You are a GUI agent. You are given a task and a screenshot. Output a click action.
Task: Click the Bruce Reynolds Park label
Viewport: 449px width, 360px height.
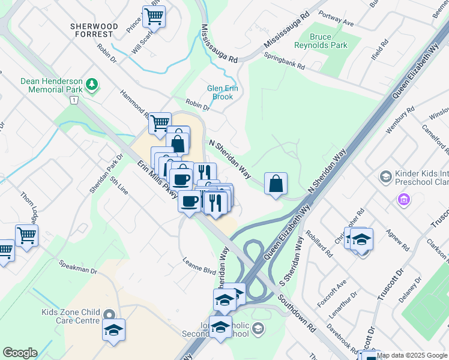click(x=321, y=41)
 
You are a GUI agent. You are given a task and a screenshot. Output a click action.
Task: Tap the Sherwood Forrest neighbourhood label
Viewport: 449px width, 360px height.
click(x=94, y=31)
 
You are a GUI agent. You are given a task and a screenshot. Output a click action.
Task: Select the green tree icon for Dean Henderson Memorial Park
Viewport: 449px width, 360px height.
click(x=92, y=83)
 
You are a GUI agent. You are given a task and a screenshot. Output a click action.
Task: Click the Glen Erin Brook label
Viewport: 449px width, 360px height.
click(x=219, y=92)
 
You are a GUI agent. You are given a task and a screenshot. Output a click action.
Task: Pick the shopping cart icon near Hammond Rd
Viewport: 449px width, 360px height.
click(x=160, y=124)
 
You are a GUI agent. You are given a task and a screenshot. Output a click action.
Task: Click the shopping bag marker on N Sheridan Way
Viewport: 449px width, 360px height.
click(x=276, y=183)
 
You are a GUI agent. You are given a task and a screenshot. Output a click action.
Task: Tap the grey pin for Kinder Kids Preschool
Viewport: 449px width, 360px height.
click(x=385, y=176)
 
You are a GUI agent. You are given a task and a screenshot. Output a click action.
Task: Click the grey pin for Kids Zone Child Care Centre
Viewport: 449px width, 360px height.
click(x=109, y=315)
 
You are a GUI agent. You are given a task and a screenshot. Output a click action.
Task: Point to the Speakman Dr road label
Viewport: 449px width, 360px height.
click(x=78, y=267)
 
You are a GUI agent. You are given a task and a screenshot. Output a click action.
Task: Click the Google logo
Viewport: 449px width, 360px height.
click(x=20, y=353)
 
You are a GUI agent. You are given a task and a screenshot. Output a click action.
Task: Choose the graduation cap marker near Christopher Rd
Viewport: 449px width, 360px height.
click(x=361, y=240)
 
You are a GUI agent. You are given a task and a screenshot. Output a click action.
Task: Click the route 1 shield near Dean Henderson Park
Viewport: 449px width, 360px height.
click(x=73, y=100)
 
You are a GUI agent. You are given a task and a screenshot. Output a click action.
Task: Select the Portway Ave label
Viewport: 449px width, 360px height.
click(x=338, y=20)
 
